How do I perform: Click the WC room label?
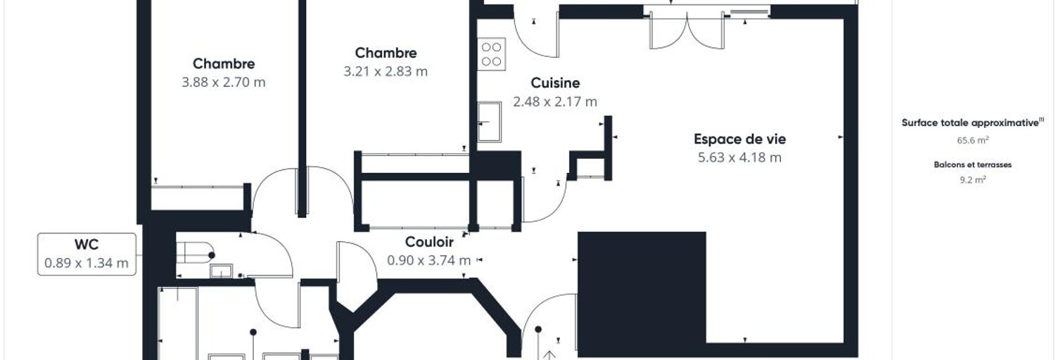pyautogui.click(x=87, y=245)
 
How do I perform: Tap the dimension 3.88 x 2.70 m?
pyautogui.click(x=224, y=82)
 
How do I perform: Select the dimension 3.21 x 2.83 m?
pyautogui.click(x=385, y=71)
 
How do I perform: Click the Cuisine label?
pyautogui.click(x=555, y=83)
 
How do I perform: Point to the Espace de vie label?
pyautogui.click(x=739, y=139)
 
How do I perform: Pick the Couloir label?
pyautogui.click(x=429, y=242)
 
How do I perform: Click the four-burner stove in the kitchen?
pyautogui.click(x=491, y=54)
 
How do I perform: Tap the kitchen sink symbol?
pyautogui.click(x=490, y=122)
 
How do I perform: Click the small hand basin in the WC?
pyautogui.click(x=221, y=271)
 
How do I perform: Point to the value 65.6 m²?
pyautogui.click(x=973, y=140)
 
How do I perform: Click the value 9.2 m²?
pyautogui.click(x=973, y=180)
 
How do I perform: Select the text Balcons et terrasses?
pyautogui.click(x=972, y=165)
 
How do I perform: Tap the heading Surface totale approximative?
pyautogui.click(x=972, y=123)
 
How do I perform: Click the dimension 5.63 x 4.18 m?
pyautogui.click(x=739, y=157)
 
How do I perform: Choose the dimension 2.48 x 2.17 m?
pyautogui.click(x=555, y=102)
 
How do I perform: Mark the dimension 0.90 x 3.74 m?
pyautogui.click(x=429, y=260)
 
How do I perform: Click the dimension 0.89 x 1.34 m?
pyautogui.click(x=87, y=263)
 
